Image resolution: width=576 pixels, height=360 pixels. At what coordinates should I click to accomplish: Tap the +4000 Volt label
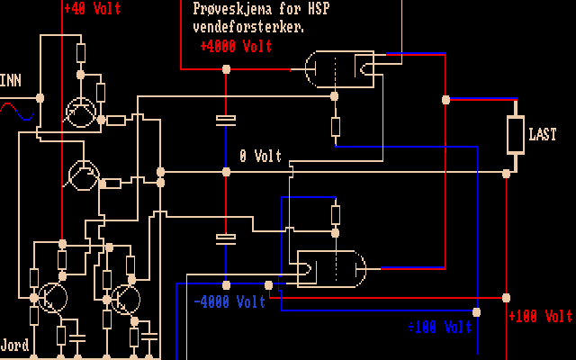tap(236, 46)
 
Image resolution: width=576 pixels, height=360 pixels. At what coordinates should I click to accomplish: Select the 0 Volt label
tap(261, 156)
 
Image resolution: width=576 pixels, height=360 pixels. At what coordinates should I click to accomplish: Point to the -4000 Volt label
tap(229, 302)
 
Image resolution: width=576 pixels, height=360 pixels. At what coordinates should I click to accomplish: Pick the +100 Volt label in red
tap(540, 316)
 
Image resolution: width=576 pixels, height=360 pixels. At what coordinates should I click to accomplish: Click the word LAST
tap(543, 135)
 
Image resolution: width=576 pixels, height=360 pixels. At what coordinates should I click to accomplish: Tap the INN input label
tap(11, 81)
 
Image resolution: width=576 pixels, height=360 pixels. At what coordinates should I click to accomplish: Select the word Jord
tap(14, 345)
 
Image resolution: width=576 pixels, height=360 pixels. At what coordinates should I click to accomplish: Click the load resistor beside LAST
tap(515, 135)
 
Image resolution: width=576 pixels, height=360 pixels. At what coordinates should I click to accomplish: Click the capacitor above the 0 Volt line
tap(226, 120)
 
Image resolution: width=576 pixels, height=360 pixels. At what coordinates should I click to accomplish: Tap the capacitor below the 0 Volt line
tap(226, 238)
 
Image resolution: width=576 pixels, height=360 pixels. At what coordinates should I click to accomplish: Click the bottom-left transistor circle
tap(53, 297)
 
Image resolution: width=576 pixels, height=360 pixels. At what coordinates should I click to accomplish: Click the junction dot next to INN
tap(40, 97)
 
